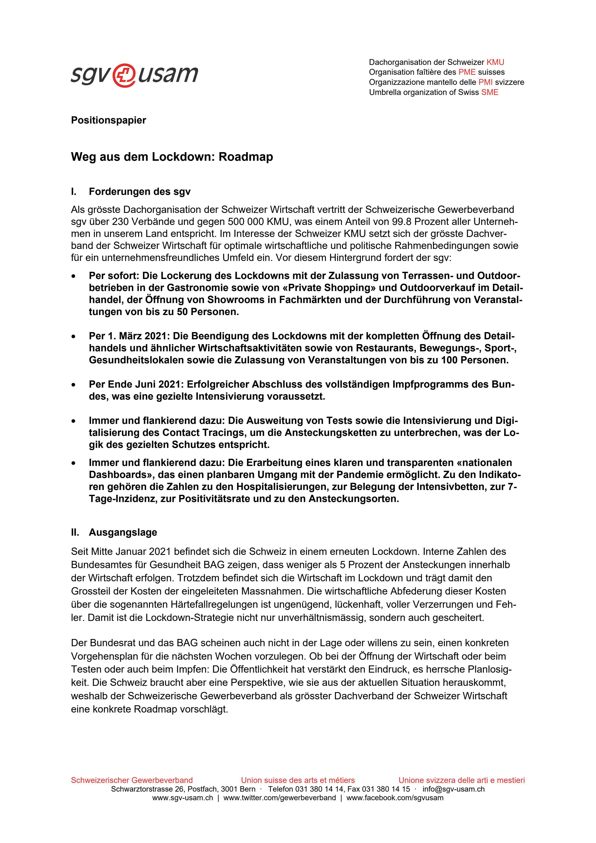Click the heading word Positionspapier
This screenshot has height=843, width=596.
pos(108,120)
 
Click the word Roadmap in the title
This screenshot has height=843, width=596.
pos(246,157)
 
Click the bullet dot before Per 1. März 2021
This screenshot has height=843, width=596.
pos(74,336)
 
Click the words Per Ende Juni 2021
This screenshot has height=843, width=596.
pos(136,384)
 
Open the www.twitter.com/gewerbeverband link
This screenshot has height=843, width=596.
pos(279,798)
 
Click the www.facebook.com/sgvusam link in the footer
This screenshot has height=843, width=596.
pos(395,798)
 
